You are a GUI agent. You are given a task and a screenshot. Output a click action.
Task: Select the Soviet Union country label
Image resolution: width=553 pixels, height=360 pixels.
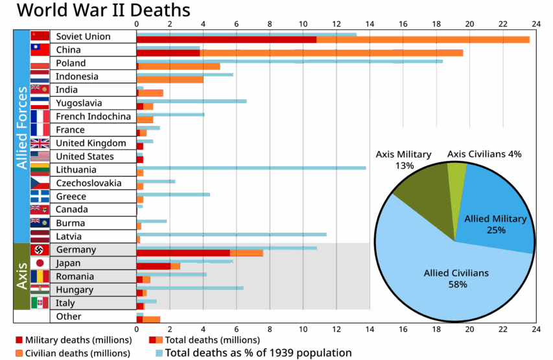(82, 36)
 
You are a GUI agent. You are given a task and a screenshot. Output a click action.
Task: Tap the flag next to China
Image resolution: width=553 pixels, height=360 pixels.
(40, 49)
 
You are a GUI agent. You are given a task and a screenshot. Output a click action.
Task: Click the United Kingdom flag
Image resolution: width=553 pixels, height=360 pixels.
(40, 143)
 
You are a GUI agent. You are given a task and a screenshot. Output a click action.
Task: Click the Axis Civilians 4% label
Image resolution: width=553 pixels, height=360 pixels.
(484, 154)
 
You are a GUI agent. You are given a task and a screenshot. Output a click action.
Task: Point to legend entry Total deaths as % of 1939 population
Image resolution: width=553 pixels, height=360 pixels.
(257, 354)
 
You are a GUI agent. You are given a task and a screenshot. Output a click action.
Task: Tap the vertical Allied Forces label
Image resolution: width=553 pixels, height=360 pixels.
(22, 136)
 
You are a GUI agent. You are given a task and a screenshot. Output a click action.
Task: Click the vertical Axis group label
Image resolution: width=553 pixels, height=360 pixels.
(22, 276)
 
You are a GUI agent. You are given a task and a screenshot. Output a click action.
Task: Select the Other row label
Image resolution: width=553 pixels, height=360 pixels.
(69, 317)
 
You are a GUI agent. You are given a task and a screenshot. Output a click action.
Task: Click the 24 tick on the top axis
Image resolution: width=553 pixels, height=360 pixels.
(535, 25)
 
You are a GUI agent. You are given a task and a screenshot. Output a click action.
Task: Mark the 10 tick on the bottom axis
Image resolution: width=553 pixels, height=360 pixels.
(302, 329)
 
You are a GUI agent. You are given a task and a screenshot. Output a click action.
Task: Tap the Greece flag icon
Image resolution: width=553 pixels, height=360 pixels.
(40, 197)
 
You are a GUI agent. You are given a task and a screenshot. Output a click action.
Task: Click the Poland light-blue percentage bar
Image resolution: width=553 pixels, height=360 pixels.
(290, 61)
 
